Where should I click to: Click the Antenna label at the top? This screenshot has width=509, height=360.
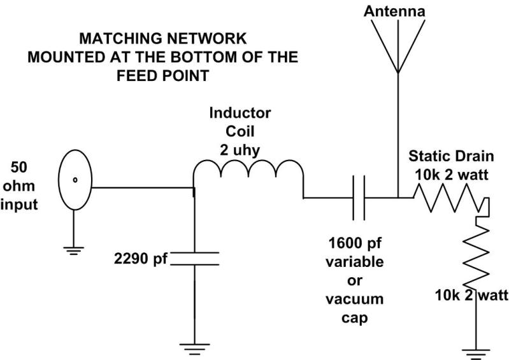pos(396,11)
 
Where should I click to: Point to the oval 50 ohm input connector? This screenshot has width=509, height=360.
pos(75,179)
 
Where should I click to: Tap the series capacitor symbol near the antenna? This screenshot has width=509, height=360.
pos(359,198)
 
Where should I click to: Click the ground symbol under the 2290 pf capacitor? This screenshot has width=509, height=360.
pos(194,348)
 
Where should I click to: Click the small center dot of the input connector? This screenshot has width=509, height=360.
pos(75,179)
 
